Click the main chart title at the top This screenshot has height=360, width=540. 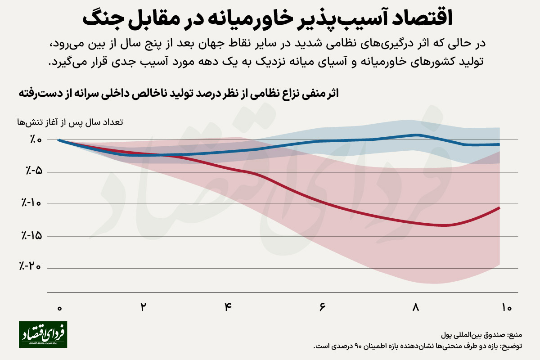point(270,19)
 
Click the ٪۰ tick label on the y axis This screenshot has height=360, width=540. point(36,140)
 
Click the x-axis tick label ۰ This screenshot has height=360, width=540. point(59,308)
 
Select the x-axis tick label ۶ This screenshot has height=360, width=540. point(323,308)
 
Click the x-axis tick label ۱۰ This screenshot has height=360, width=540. point(507,308)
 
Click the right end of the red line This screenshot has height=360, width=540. point(499,207)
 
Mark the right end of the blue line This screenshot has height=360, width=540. point(499,144)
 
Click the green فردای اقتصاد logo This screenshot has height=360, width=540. point(43,334)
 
